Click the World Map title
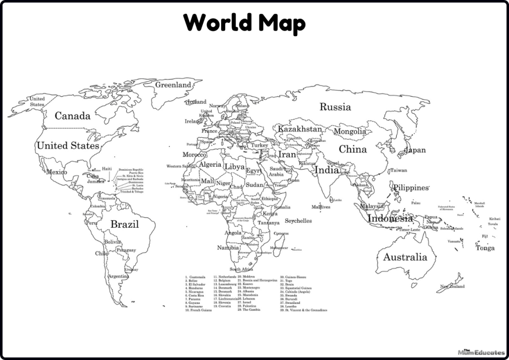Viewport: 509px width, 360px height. [244, 22]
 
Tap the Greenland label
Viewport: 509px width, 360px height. [173, 85]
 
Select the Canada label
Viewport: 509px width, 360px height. [73, 116]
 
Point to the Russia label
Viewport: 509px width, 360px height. [335, 107]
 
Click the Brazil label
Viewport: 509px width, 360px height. [124, 224]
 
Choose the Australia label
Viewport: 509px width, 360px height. [405, 257]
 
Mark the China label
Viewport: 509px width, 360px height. [353, 149]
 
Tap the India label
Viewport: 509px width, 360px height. [327, 170]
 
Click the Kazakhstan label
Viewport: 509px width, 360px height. [300, 129]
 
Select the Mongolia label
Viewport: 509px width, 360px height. [349, 132]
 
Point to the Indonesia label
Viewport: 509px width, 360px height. [390, 218]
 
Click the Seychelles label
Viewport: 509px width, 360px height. [298, 221]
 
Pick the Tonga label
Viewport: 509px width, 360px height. [485, 248]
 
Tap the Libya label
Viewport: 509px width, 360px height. [235, 167]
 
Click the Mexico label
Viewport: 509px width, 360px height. [56, 173]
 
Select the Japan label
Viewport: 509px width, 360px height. [416, 150]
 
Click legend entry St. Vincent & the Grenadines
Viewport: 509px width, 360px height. [304, 310]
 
